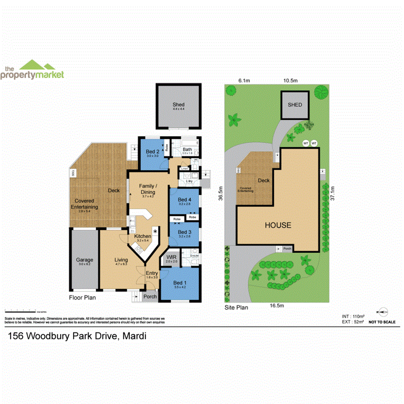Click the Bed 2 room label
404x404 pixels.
(x=152, y=151)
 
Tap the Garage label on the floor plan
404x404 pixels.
(x=84, y=260)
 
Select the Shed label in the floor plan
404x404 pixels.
(x=179, y=105)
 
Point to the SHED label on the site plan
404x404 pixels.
(x=295, y=105)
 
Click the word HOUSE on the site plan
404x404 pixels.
(x=277, y=225)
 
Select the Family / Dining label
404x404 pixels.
(x=148, y=189)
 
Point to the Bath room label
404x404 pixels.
(x=187, y=150)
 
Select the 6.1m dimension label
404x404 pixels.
(x=244, y=80)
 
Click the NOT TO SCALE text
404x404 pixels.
(x=382, y=322)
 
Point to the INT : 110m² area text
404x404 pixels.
(x=352, y=316)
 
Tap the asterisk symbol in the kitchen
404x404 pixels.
(x=155, y=231)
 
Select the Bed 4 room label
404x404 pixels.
(x=184, y=200)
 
